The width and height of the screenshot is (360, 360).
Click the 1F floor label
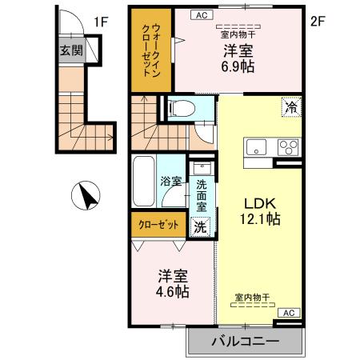pyautogui.click(x=102, y=22)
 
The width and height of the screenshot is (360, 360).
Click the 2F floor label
pyautogui.click(x=318, y=22)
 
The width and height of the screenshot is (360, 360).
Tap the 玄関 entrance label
pyautogui.click(x=70, y=50)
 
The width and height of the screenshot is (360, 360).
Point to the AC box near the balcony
pyautogui.click(x=289, y=313)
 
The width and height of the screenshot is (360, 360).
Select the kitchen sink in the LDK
pyautogui.click(x=258, y=147)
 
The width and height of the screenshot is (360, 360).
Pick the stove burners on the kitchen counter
pyautogui.click(x=287, y=147)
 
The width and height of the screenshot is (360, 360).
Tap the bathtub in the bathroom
pyautogui.click(x=144, y=180)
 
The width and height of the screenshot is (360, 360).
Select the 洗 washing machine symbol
pyautogui.click(x=201, y=226)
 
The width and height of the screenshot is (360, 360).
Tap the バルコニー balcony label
pyautogui.click(x=245, y=342)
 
